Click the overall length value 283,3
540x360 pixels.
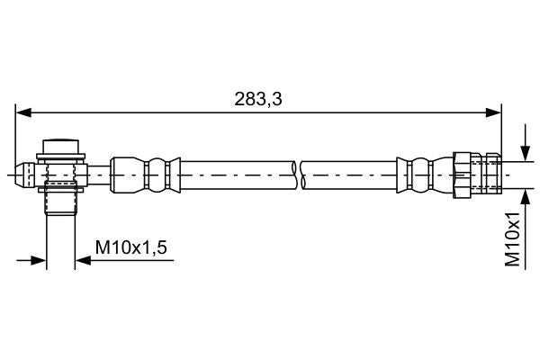point(257,100)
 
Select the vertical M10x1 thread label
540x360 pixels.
point(513,239)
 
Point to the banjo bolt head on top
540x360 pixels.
point(62,147)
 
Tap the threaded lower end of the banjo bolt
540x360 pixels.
point(62,198)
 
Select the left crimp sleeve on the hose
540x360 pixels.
point(144,172)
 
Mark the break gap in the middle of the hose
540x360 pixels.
point(299,172)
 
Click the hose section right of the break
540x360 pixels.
point(351,172)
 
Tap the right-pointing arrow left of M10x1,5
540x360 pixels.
point(39,261)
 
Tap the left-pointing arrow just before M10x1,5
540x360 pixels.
point(83,261)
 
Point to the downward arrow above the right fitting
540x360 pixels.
point(525,153)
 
